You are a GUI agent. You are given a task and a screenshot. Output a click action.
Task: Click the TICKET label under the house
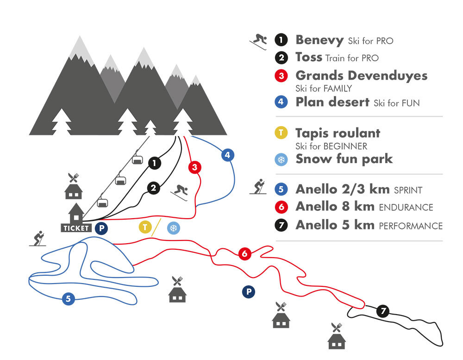(76, 228)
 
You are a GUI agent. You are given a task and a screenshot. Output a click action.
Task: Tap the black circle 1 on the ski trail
(154, 163)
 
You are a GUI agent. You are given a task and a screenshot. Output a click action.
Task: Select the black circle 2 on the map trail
(154, 188)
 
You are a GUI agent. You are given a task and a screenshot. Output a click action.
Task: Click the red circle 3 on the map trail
(195, 167)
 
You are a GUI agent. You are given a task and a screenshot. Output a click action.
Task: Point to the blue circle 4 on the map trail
(227, 155)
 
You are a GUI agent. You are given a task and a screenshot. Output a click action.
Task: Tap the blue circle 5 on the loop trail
(68, 299)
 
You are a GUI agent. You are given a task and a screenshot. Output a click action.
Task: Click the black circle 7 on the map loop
(382, 311)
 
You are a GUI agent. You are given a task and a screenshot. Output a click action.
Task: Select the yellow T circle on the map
(145, 227)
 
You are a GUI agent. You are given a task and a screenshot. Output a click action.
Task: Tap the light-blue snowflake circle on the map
(174, 227)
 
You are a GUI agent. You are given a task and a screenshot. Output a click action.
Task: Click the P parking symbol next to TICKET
(101, 228)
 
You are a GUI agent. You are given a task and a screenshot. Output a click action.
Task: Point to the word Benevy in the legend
(319, 40)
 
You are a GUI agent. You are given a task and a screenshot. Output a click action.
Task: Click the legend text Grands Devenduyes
(361, 75)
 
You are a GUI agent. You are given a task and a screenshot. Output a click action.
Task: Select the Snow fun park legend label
(344, 159)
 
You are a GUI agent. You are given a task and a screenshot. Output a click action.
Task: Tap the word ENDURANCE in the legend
(406, 207)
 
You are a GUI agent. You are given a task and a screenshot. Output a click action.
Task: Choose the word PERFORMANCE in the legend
(411, 226)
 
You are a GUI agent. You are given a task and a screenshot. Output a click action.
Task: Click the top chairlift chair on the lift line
(137, 160)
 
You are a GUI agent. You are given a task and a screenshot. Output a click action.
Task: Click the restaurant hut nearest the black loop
(337, 337)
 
